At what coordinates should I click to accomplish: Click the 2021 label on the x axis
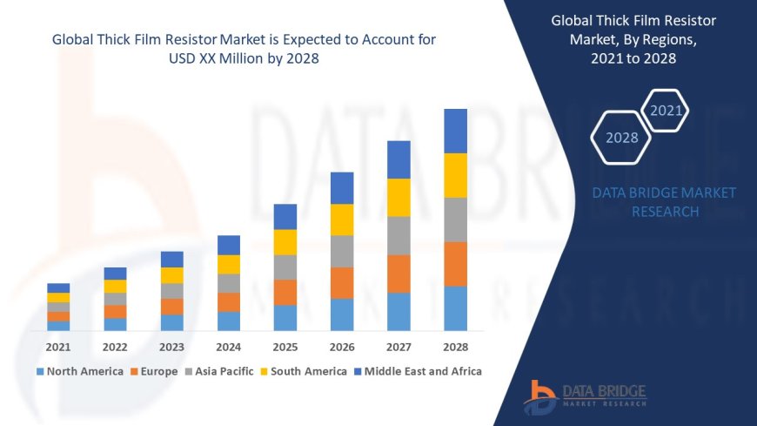coord(58,347)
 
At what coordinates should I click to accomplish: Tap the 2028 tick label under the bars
coord(455,347)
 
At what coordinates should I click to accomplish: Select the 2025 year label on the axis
coord(285,347)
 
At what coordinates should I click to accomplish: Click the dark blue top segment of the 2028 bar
coord(455,131)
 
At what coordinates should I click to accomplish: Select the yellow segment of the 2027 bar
coord(399,197)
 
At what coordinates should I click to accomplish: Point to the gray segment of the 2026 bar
coord(342,251)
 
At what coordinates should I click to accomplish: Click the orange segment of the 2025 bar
coord(285,292)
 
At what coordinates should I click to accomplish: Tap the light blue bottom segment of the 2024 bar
coord(229,321)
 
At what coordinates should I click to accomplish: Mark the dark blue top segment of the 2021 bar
coord(58,287)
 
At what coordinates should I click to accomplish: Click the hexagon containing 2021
coord(667,111)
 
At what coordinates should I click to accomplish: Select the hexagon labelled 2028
coord(621,138)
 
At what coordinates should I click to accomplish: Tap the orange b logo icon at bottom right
coord(540,396)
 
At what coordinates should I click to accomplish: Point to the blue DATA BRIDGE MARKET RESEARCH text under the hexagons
coord(664,202)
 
